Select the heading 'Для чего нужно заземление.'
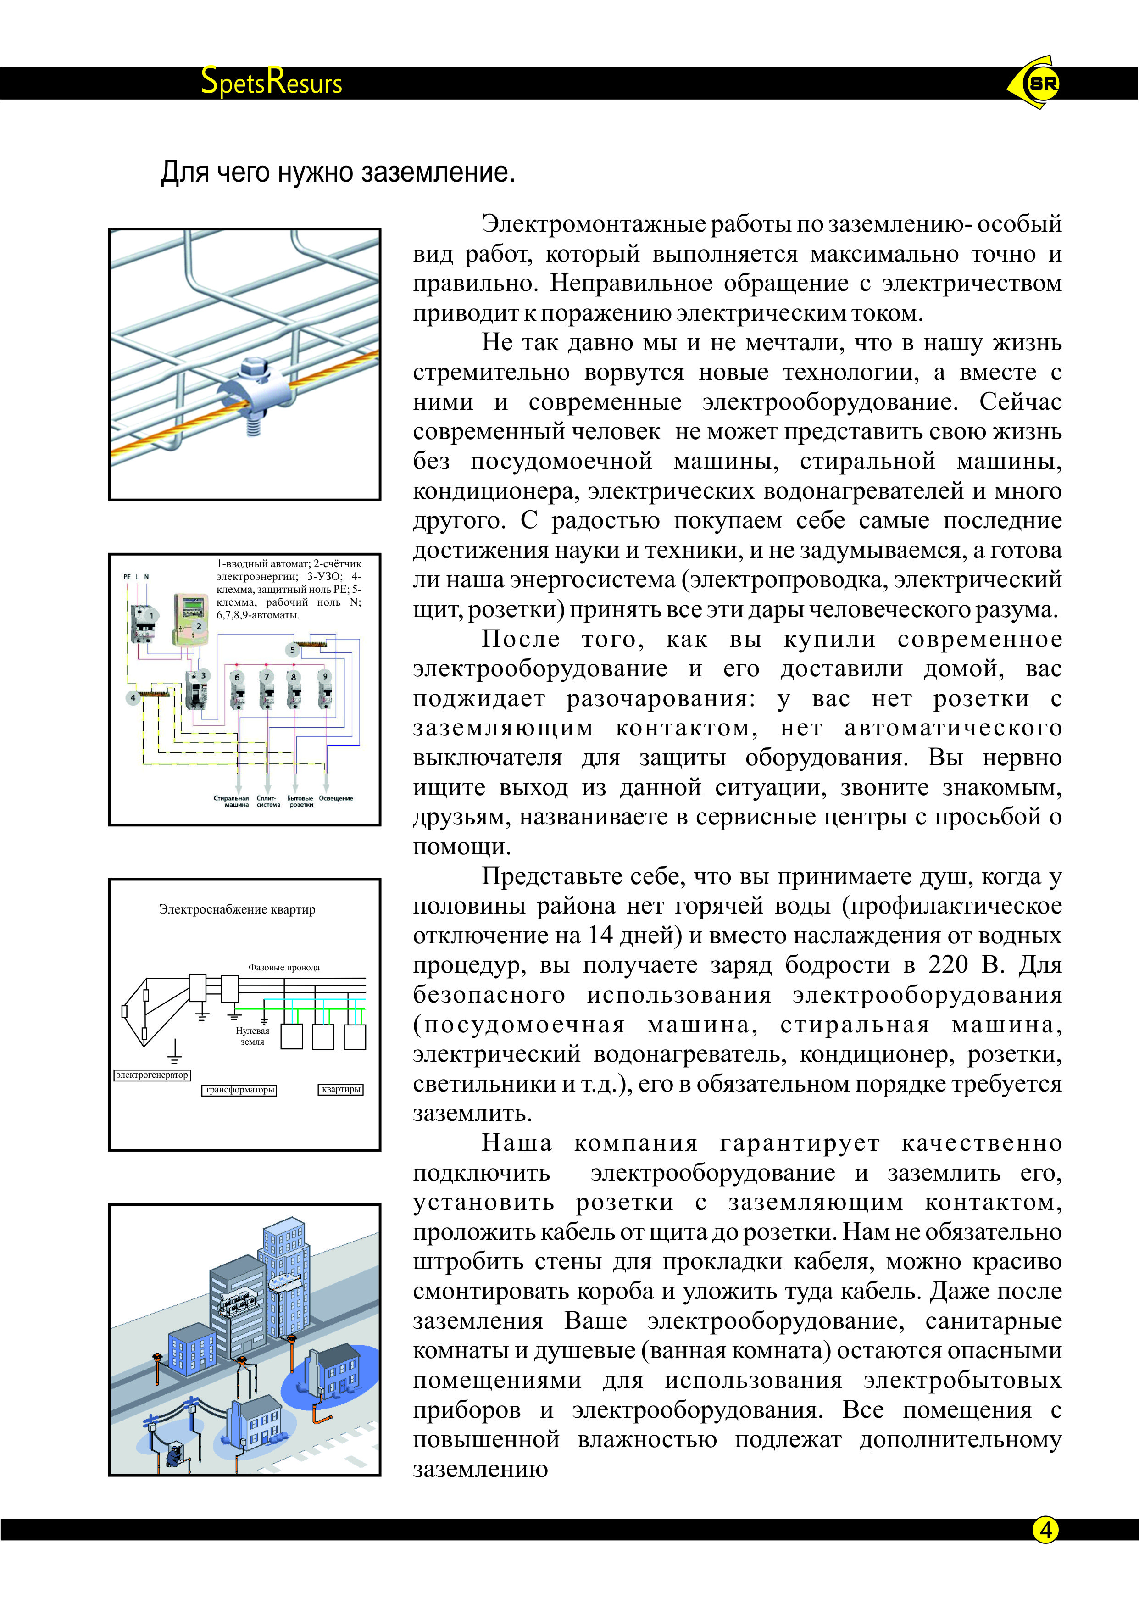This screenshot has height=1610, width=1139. [x=338, y=173]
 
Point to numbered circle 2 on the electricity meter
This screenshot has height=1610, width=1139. [x=199, y=626]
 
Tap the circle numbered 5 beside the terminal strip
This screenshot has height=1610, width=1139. [x=293, y=650]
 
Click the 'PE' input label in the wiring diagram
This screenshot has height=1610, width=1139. [x=127, y=577]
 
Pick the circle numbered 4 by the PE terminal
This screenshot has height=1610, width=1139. [x=133, y=697]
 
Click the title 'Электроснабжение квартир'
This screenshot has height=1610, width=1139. [x=237, y=909]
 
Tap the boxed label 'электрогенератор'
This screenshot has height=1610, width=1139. [x=152, y=1075]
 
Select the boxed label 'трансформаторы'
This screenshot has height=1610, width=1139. [x=239, y=1089]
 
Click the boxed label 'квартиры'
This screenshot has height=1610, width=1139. [x=341, y=1089]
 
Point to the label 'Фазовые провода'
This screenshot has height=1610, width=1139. [x=284, y=967]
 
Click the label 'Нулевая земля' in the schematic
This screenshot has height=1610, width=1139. [x=252, y=1036]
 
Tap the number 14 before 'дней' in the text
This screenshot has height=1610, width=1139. [x=601, y=936]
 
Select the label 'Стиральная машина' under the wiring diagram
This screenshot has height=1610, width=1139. [x=232, y=801]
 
